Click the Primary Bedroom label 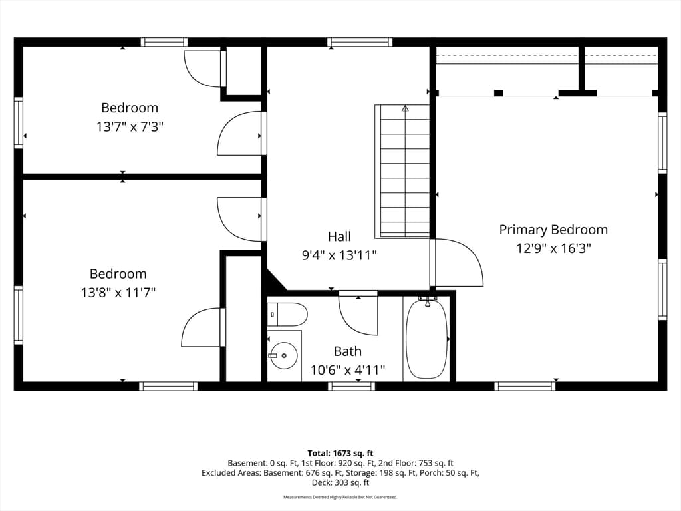553,230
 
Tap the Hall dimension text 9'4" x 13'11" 339,255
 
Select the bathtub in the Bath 427,339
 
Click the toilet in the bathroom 287,315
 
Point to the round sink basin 283,355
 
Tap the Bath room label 347,351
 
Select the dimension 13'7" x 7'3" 130,127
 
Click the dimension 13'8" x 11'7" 118,293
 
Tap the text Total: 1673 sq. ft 340,454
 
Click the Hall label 339,236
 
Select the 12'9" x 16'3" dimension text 553,248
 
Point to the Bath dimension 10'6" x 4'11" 347,370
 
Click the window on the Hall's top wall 360,42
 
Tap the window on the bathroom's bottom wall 351,386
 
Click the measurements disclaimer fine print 340,497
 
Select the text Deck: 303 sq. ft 340,482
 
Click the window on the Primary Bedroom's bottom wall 525,386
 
